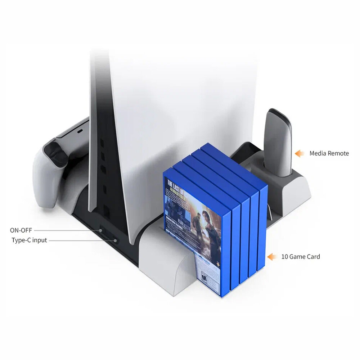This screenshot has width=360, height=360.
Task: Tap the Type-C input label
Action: click(x=29, y=240)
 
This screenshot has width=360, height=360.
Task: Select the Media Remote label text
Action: click(x=329, y=153)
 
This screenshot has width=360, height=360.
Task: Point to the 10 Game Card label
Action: click(x=300, y=257)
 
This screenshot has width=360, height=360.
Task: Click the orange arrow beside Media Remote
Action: click(x=299, y=154)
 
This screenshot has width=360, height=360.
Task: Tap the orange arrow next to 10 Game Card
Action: click(x=271, y=257)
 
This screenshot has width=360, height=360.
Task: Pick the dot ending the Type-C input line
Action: click(x=114, y=240)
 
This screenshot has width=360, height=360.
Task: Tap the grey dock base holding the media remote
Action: click(x=288, y=187)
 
